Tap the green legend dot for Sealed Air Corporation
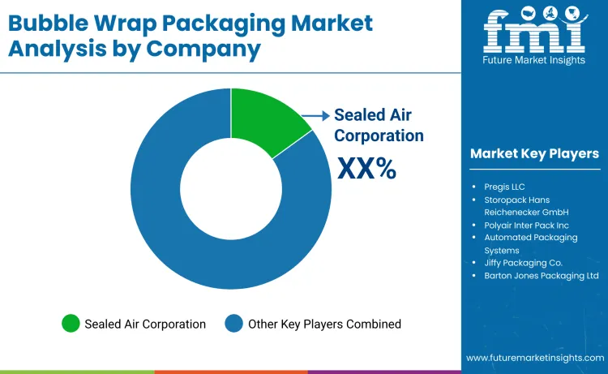click(71, 324)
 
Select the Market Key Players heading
click(534, 153)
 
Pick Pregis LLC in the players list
click(504, 186)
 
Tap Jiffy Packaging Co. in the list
click(523, 263)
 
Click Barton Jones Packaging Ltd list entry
click(542, 276)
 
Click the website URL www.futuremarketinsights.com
click(535, 358)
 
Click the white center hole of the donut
click(231, 188)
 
